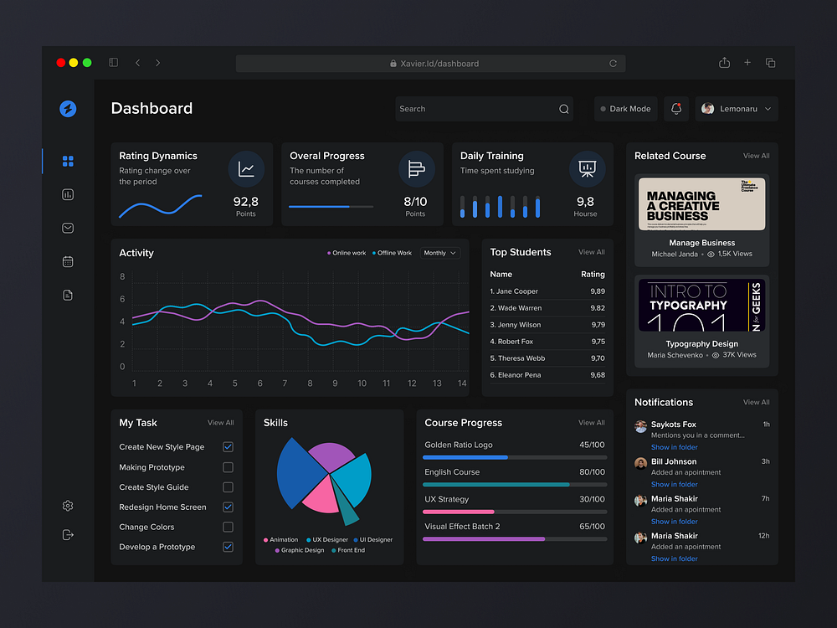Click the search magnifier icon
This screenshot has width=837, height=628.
[x=563, y=109]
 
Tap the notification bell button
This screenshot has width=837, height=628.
[x=676, y=109]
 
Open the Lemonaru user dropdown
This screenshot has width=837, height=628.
[x=737, y=109]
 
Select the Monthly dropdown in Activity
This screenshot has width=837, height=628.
[x=440, y=253]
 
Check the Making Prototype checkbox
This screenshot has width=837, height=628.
[x=228, y=467]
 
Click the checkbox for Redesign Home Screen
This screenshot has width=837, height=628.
[x=228, y=507]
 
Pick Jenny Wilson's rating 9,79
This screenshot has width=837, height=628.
[x=597, y=325]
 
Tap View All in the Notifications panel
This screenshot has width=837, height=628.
[x=756, y=402]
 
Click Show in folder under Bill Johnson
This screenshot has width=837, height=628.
[x=674, y=484]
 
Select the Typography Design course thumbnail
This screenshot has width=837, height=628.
[x=701, y=306]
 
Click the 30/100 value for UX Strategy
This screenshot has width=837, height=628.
[x=592, y=499]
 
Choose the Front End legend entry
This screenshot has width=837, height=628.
[x=351, y=550]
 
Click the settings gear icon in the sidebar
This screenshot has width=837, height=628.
[x=68, y=506]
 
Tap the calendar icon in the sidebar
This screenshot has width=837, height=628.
[x=68, y=261]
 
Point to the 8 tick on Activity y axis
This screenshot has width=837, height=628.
[x=122, y=277]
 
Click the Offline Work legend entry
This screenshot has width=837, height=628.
[x=393, y=253]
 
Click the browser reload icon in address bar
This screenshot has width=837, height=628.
[x=613, y=64]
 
